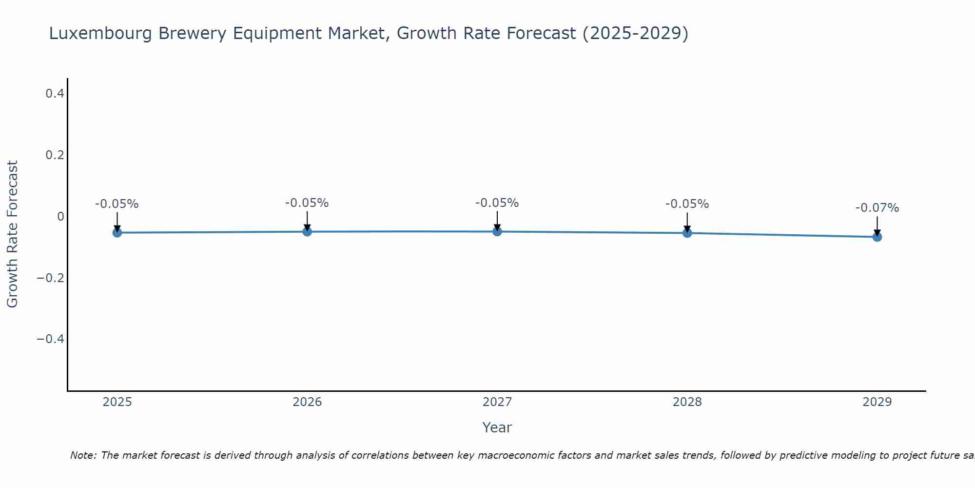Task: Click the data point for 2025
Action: (117, 233)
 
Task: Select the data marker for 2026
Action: (307, 231)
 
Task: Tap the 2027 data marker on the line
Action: (497, 231)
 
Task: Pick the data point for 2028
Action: (687, 233)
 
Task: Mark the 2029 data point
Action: (877, 237)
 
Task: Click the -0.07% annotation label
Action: (877, 208)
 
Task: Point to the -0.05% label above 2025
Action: (117, 204)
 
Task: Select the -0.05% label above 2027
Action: (497, 203)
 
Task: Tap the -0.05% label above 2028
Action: (687, 204)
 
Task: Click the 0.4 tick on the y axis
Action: (55, 93)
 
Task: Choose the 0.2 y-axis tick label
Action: (55, 155)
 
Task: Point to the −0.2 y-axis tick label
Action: (51, 278)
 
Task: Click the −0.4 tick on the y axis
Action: (51, 339)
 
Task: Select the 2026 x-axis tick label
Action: (307, 402)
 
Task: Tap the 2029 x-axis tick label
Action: (877, 402)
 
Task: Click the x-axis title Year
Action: (497, 427)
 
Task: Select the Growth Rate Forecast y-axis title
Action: (12, 234)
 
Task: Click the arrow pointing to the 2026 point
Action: (307, 220)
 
